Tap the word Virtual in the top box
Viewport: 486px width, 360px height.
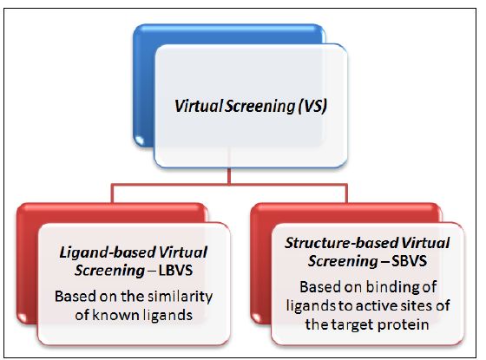(199, 106)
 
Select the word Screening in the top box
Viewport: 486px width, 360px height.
(259, 107)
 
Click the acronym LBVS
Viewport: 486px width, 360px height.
(175, 271)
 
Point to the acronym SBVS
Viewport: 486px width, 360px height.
(409, 261)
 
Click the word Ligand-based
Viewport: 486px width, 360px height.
(108, 252)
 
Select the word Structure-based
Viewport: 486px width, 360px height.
(341, 243)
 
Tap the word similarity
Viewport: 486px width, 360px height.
(180, 297)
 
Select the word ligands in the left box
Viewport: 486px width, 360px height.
(167, 316)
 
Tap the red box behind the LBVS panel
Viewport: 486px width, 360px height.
(28, 264)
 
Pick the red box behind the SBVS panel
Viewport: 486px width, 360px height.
(261, 264)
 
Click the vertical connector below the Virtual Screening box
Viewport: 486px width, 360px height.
(229, 175)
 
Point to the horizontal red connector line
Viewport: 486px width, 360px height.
(229, 186)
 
